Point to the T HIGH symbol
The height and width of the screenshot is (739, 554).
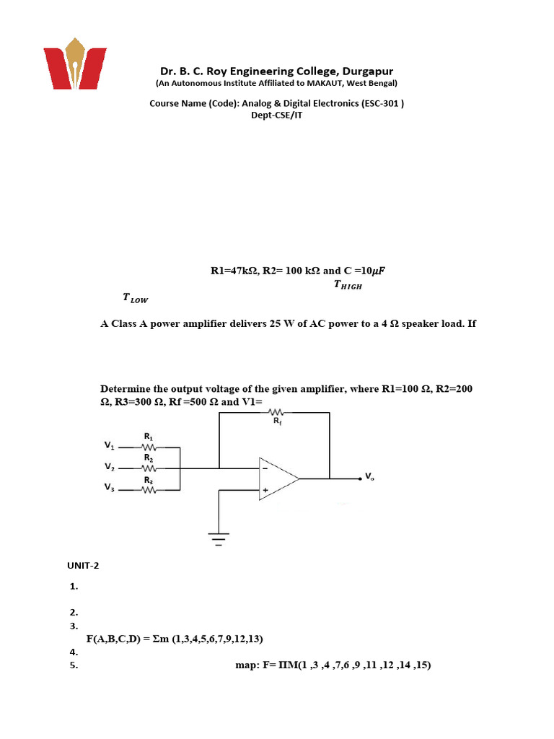[x=348, y=285]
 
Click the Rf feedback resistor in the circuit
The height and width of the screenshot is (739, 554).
[x=277, y=414]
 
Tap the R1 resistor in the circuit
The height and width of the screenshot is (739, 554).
[x=149, y=447]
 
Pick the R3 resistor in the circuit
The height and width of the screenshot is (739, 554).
[x=149, y=490]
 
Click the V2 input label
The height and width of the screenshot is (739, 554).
[x=109, y=467]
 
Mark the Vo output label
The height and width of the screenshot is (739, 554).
[x=369, y=476]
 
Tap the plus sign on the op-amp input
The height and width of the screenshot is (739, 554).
[x=265, y=491]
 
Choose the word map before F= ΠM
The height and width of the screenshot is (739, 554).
[x=243, y=665]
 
